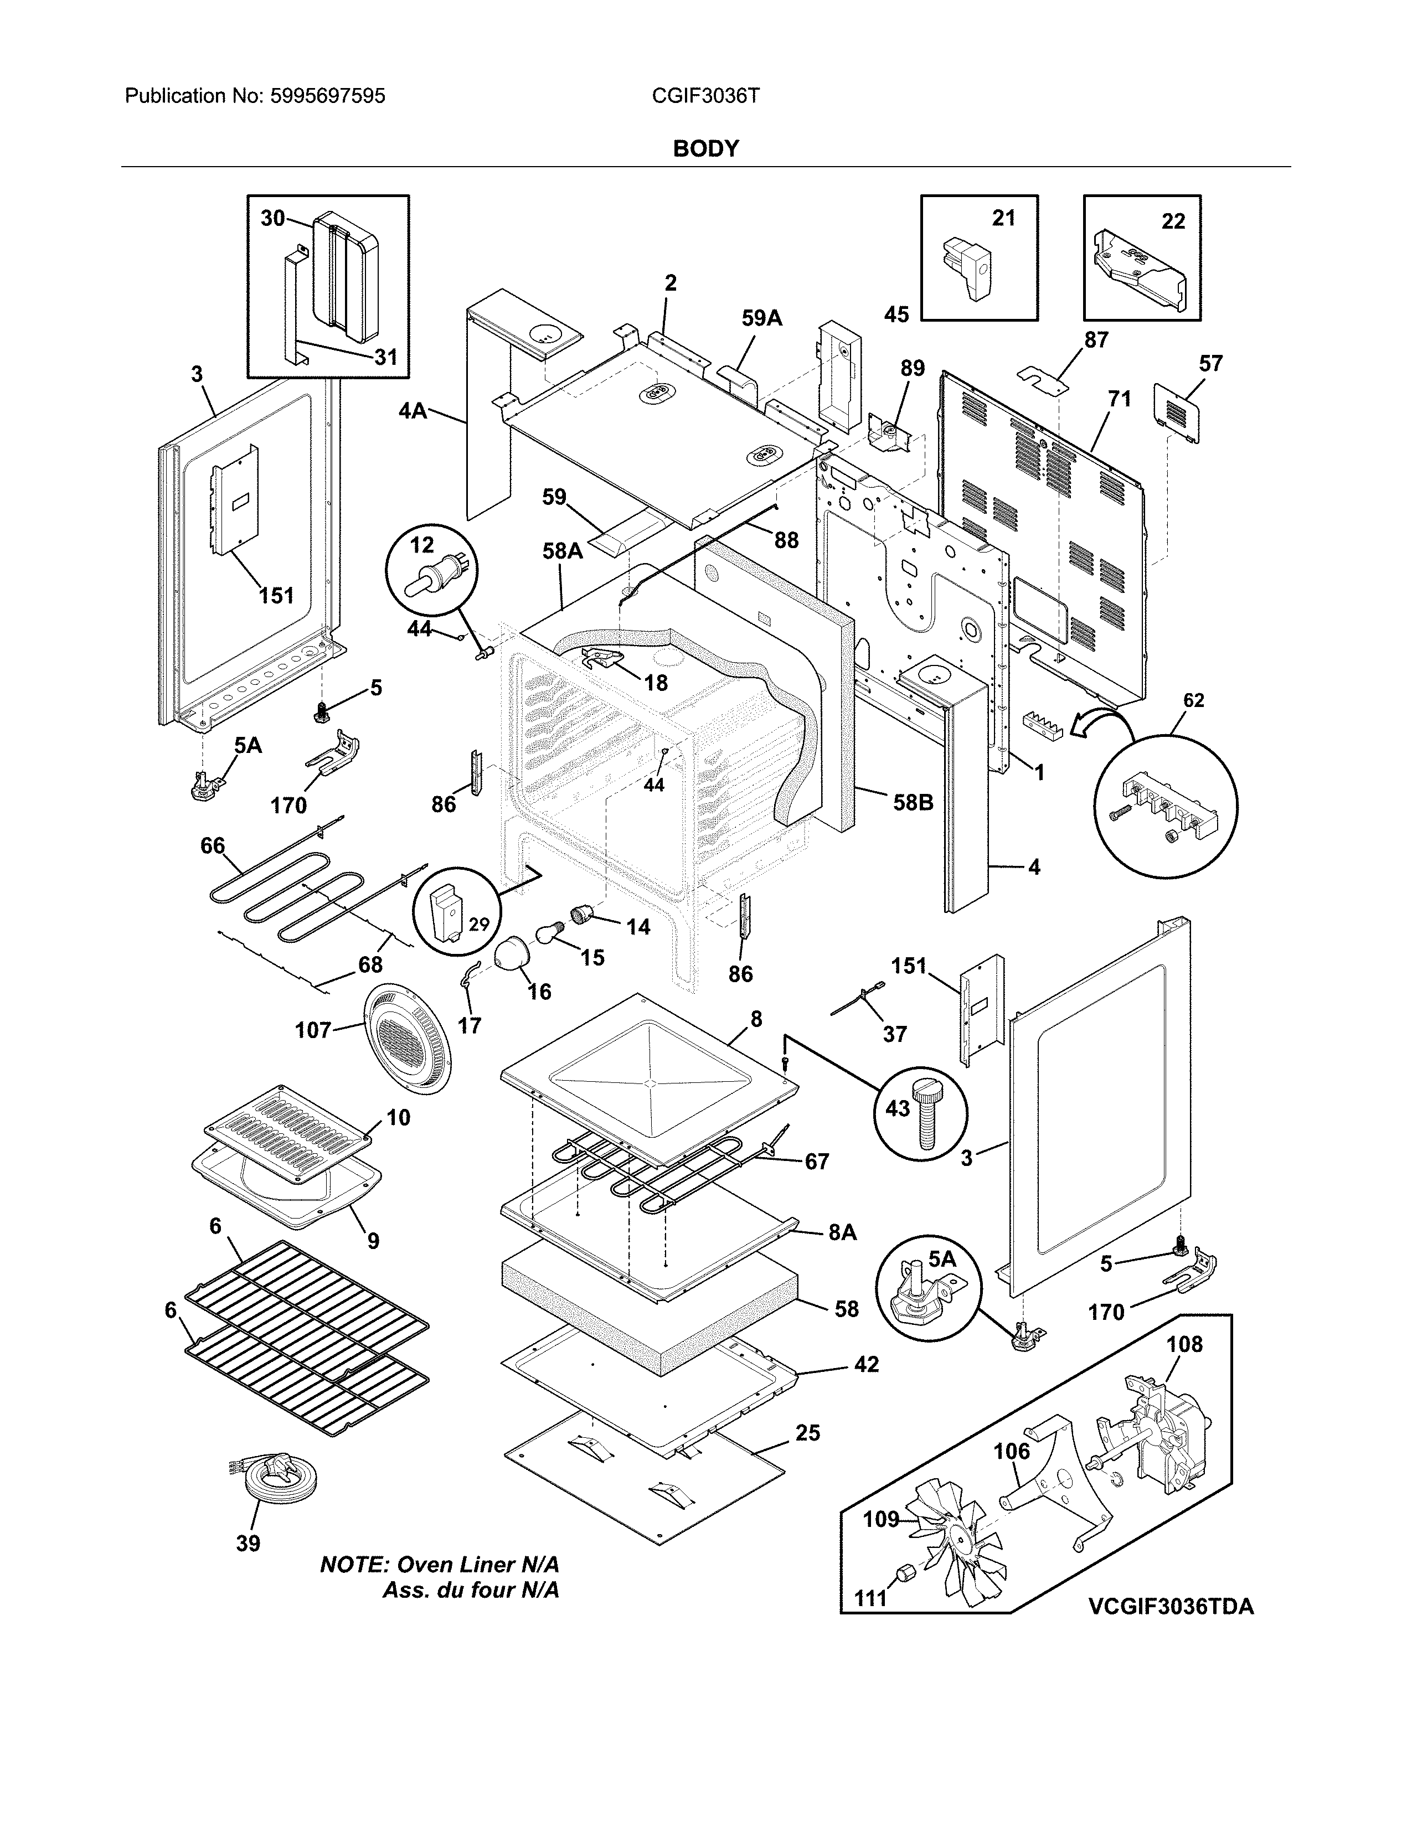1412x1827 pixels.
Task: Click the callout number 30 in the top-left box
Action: (272, 218)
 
